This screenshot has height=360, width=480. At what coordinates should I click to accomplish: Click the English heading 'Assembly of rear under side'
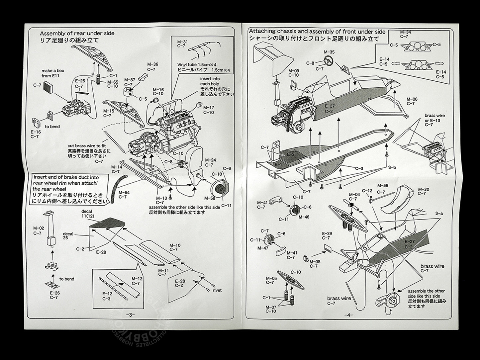(77, 33)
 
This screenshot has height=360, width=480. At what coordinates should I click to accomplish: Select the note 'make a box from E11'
(53, 73)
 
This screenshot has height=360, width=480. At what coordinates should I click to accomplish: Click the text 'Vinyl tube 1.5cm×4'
(204, 65)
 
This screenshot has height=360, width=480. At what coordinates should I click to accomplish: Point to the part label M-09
(293, 71)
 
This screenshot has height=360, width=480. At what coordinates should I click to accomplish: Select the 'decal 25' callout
(68, 236)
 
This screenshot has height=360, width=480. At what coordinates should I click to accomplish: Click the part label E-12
(107, 294)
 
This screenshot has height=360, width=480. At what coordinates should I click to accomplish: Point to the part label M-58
(210, 198)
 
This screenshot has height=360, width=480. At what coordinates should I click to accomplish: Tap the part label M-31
(182, 42)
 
